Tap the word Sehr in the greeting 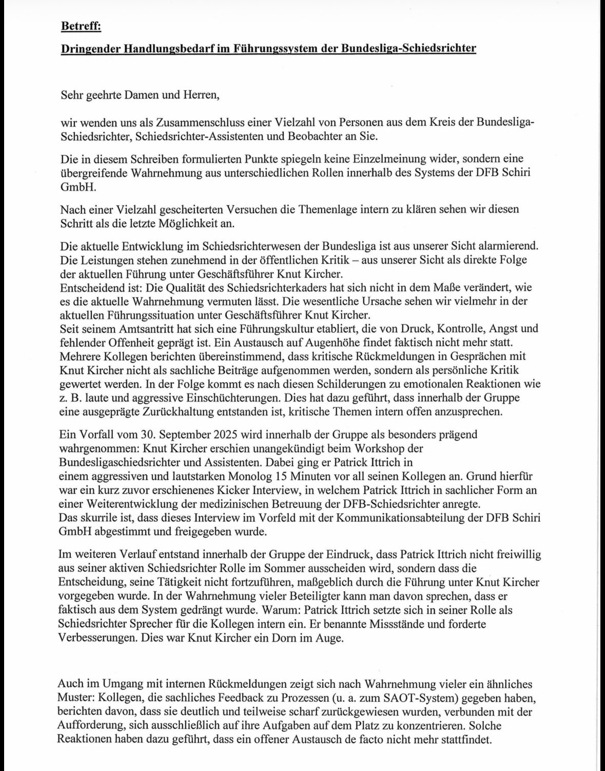(71, 95)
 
